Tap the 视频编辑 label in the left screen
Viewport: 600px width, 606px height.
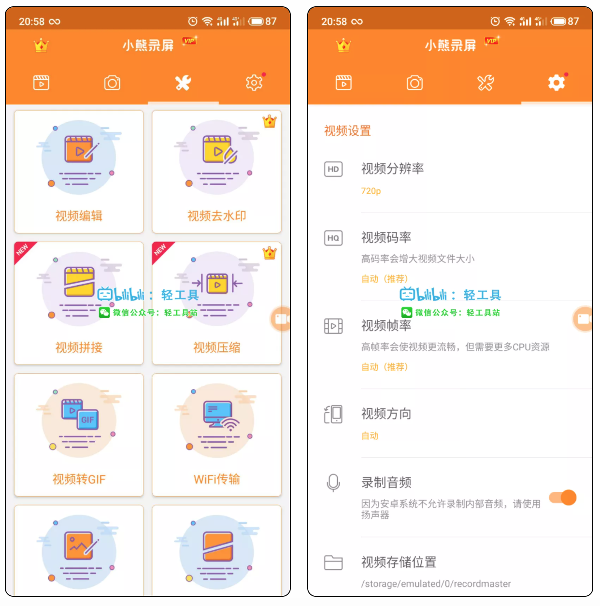(79, 216)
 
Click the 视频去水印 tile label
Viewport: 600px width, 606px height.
(216, 216)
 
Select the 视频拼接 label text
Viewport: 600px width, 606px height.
(79, 347)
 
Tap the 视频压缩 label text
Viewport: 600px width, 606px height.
(216, 347)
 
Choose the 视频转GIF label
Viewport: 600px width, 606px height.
(79, 479)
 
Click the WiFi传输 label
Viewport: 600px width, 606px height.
(216, 479)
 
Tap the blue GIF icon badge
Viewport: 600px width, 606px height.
(87, 419)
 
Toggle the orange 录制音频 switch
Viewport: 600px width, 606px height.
(563, 497)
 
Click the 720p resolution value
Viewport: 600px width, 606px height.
(371, 191)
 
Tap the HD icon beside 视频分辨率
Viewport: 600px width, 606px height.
(333, 169)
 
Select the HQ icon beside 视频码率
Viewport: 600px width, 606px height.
(333, 238)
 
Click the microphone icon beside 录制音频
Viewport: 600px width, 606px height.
(333, 482)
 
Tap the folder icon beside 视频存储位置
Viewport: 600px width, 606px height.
(333, 563)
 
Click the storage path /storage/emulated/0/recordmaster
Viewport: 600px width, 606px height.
(436, 584)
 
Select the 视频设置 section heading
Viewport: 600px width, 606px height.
(347, 131)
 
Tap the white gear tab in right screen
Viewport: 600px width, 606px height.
(556, 83)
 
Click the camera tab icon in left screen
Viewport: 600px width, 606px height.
(112, 83)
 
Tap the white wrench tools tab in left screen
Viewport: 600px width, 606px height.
(183, 83)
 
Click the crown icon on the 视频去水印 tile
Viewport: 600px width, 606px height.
(269, 121)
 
